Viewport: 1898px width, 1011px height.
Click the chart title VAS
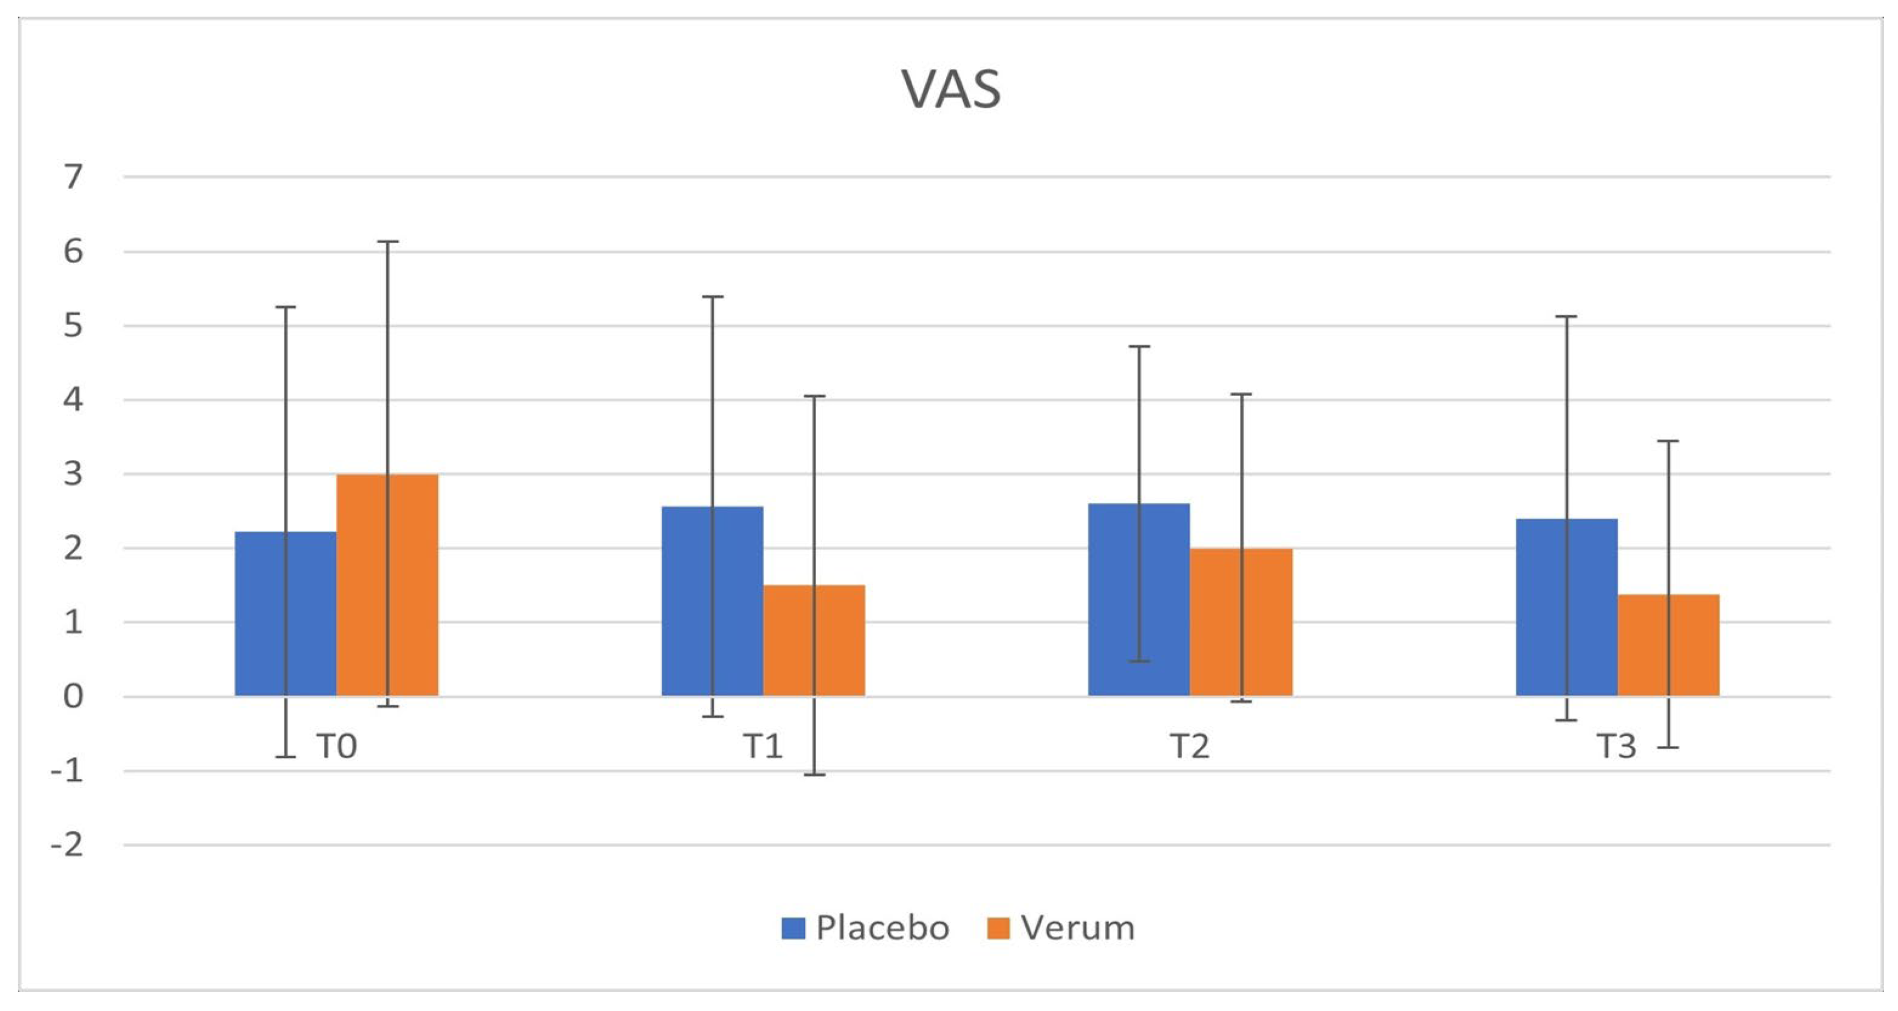pos(950,90)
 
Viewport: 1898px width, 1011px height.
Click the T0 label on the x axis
pos(337,746)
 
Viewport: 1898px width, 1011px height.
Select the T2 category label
pos(1189,746)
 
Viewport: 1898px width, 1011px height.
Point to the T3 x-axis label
pos(1616,746)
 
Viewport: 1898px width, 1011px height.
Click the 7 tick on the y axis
pos(73,177)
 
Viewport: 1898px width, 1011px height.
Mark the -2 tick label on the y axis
pos(67,845)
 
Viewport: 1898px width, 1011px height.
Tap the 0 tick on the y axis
pos(73,696)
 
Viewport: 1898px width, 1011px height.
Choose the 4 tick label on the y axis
pos(73,400)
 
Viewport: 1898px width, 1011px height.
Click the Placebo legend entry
pos(866,928)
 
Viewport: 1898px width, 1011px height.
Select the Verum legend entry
pos(1061,928)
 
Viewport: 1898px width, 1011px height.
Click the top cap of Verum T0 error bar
pos(388,242)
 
